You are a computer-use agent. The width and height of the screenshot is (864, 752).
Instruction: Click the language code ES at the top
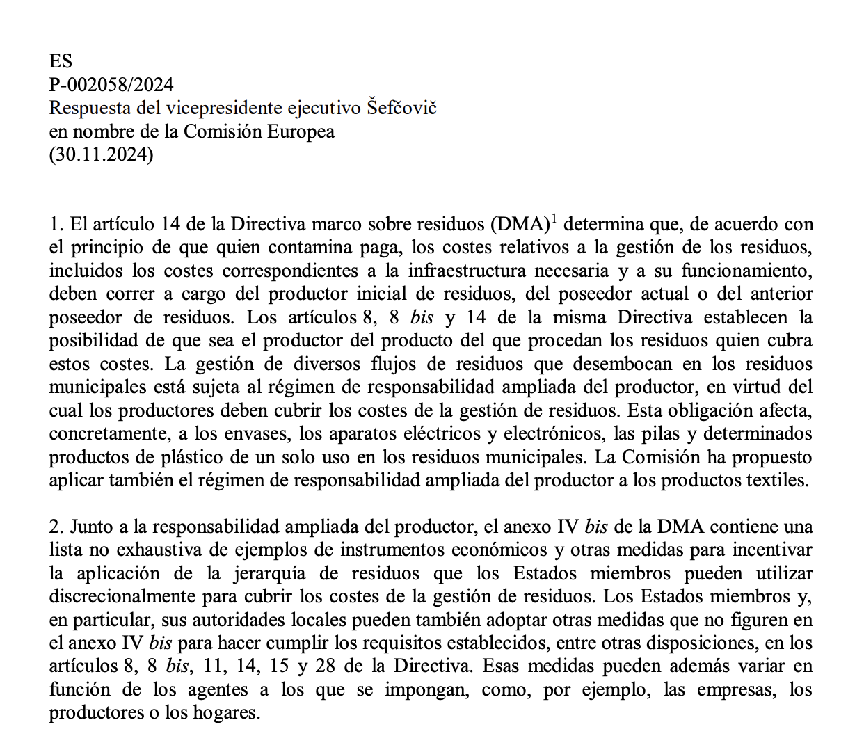(x=61, y=61)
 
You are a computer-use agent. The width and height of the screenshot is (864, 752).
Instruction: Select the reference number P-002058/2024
(x=111, y=85)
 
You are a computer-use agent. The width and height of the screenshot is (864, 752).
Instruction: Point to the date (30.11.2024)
(x=101, y=154)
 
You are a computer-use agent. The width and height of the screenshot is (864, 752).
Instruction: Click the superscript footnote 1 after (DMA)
(x=554, y=219)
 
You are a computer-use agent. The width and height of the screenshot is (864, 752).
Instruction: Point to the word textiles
(x=777, y=481)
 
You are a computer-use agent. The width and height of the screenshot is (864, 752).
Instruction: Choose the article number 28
(x=326, y=666)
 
